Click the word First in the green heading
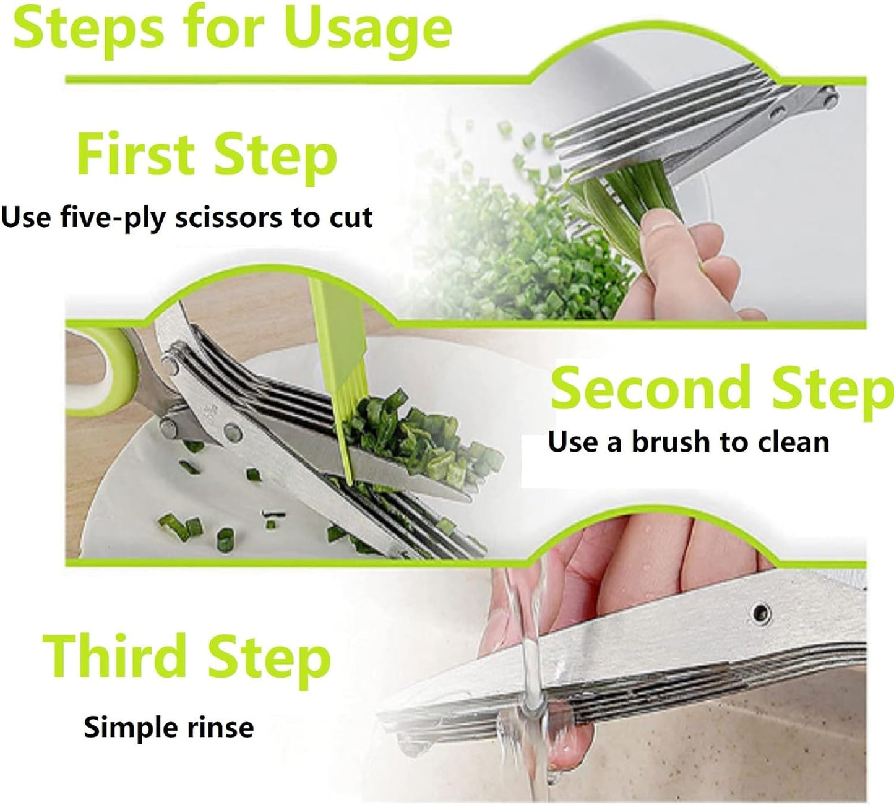tap(136, 154)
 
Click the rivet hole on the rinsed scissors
tap(761, 614)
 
